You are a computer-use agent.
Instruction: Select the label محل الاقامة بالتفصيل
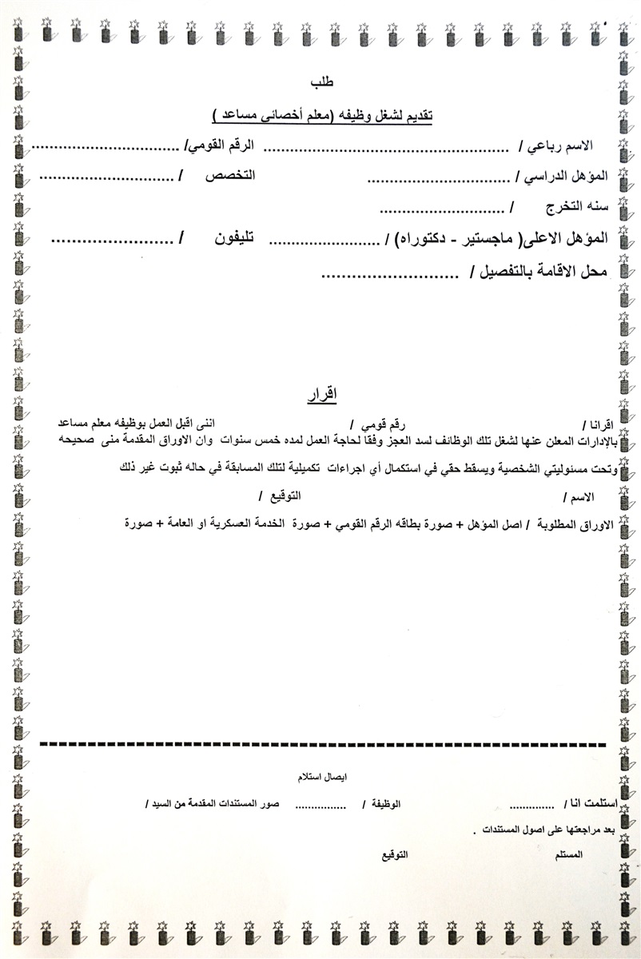click(x=543, y=273)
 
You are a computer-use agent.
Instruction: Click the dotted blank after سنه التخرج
click(x=440, y=210)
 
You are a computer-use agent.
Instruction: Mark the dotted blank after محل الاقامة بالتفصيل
click(x=387, y=276)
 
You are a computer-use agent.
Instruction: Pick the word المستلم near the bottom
click(x=568, y=854)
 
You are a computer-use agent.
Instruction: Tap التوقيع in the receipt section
click(x=393, y=854)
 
